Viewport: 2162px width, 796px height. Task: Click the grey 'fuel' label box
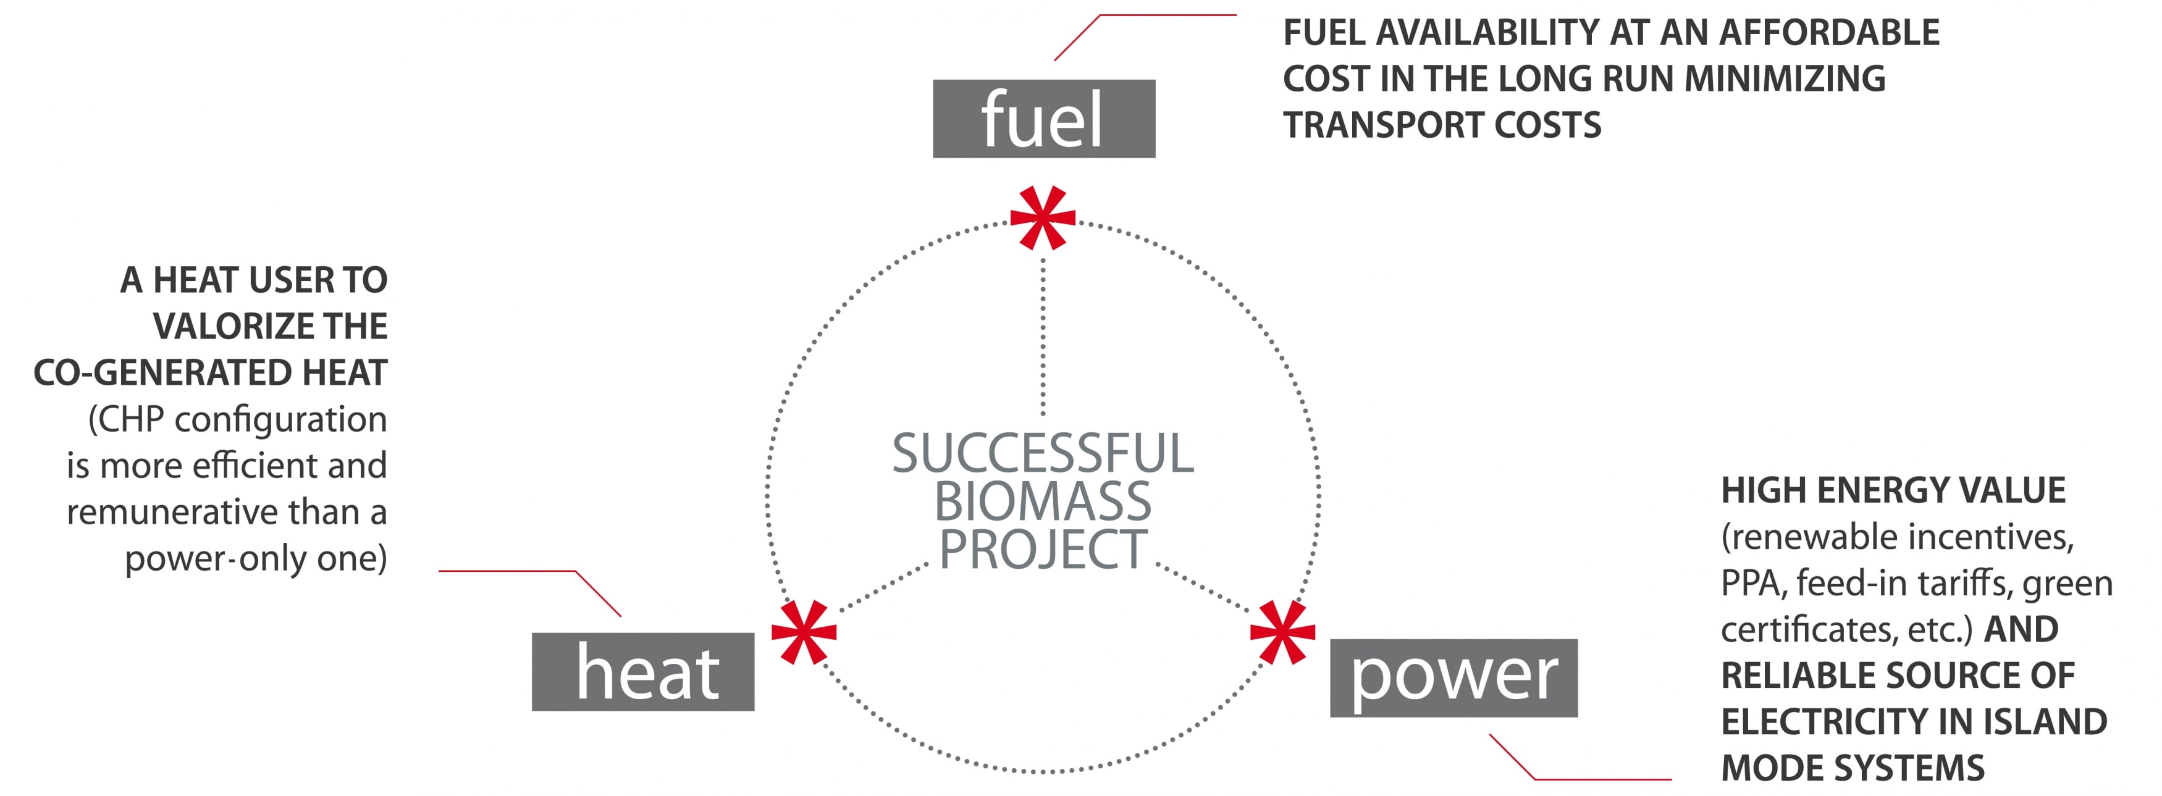(1043, 119)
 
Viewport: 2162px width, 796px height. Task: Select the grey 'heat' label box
(643, 672)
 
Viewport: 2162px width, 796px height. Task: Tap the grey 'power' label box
(1453, 677)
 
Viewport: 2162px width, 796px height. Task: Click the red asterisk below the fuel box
(1043, 218)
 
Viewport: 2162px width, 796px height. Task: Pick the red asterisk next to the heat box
(803, 632)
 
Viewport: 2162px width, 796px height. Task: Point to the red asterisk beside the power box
(1282, 632)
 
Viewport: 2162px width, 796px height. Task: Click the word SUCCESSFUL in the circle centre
(1043, 454)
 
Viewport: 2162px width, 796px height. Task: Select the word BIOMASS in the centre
(1043, 501)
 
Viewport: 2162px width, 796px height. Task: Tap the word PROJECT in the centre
(1043, 550)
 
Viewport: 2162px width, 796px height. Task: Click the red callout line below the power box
(1595, 779)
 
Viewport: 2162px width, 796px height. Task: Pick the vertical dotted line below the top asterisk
(1043, 335)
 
